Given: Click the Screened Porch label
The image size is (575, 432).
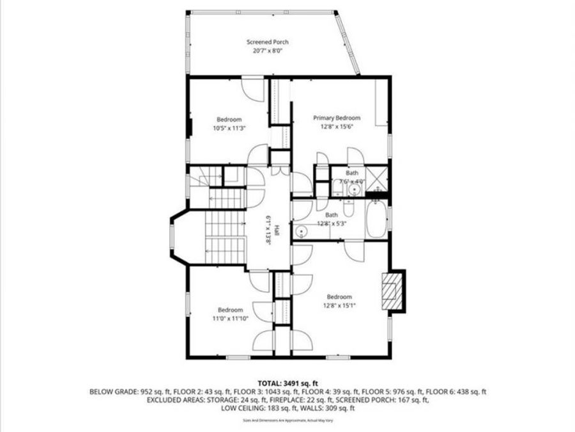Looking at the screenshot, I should coord(268,42).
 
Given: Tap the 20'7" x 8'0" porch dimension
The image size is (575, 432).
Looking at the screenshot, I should coord(268,51).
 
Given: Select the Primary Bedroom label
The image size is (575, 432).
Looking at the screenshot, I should coord(337,118).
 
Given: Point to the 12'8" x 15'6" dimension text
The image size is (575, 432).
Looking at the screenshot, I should coord(337,127).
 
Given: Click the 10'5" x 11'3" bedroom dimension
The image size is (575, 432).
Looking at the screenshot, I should coord(229,128).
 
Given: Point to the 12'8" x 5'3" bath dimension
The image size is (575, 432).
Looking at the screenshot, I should coord(331,224).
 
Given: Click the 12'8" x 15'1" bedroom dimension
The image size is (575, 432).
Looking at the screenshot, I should coord(339,305).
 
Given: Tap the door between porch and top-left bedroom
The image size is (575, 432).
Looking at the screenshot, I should coord(252,87).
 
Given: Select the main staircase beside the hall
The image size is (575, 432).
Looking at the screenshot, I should coord(225,237).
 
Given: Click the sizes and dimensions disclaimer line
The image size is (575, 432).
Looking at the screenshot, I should coord(287,420).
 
